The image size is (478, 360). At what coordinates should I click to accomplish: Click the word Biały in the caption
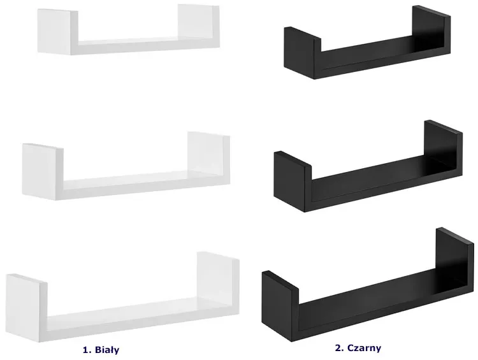(x=107, y=350)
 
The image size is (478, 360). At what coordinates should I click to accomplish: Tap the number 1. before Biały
(x=87, y=350)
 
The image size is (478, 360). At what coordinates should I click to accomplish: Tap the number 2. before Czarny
(x=340, y=348)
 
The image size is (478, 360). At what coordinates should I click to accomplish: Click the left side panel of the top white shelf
(x=57, y=32)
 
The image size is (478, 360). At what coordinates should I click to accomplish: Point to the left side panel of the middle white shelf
(x=43, y=171)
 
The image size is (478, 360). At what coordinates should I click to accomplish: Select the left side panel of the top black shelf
(x=302, y=53)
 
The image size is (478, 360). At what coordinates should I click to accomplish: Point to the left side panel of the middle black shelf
(x=293, y=182)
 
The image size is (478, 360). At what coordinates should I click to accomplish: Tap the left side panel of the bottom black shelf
(x=280, y=306)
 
